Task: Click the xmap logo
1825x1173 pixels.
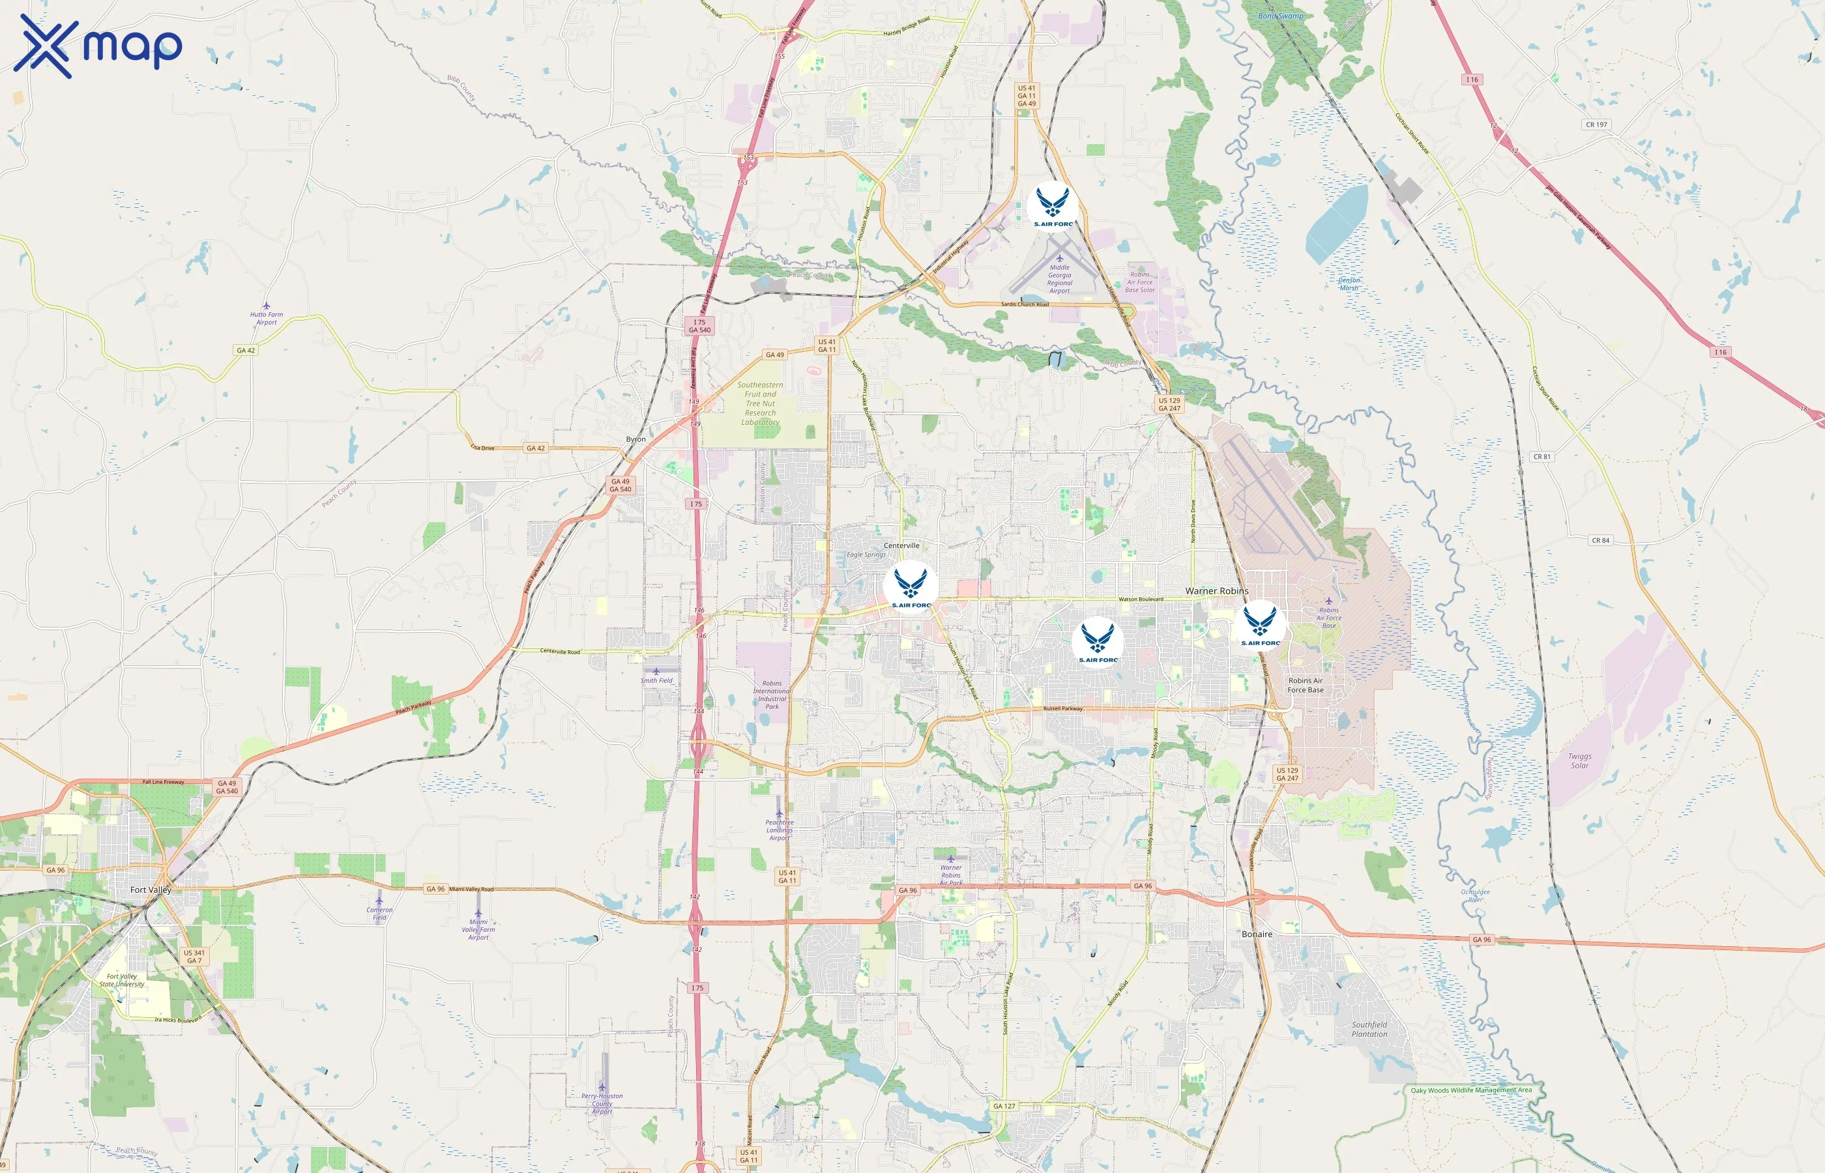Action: coord(98,46)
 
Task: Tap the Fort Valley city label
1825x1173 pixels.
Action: coord(151,890)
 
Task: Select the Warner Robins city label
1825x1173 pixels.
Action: coord(1216,591)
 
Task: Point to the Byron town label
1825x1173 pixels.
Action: coord(635,439)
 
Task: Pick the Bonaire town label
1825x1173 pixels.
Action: coord(1257,934)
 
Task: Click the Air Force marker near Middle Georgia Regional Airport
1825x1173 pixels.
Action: coord(1053,207)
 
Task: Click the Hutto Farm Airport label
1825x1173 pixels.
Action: coord(266,317)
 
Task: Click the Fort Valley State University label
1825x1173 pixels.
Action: coord(122,979)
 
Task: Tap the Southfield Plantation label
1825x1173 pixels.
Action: coord(1369,1029)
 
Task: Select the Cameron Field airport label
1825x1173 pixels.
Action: coord(379,912)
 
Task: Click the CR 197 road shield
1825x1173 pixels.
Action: coord(1596,124)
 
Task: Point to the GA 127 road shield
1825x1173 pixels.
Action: coord(1004,1105)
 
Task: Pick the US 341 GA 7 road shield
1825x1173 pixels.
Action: coord(194,956)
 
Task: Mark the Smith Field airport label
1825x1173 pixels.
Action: coord(656,680)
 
